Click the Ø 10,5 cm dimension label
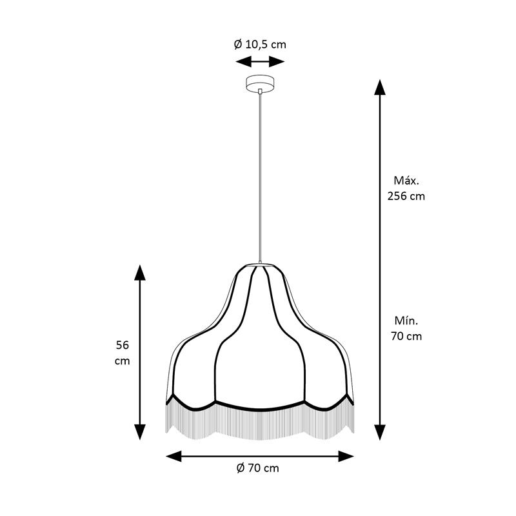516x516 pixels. point(260,44)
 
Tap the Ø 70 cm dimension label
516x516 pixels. point(257,468)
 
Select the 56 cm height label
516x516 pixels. point(122,353)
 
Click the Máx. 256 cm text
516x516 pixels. point(406,188)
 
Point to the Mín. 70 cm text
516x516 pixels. point(406,328)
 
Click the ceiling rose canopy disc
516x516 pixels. point(261,83)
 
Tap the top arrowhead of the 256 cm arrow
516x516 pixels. point(380,88)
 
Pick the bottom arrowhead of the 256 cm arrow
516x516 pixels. point(380,432)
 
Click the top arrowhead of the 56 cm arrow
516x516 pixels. point(140,272)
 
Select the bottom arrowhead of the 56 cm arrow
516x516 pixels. point(140,432)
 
